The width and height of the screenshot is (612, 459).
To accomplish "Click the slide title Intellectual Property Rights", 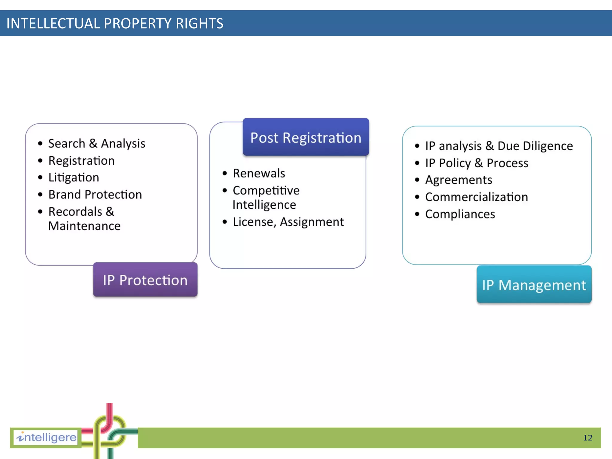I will point(115,24).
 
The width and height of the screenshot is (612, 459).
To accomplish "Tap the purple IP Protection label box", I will point(145,280).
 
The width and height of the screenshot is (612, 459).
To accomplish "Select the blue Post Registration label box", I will point(306,137).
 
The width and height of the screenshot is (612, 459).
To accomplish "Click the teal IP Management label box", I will point(534,285).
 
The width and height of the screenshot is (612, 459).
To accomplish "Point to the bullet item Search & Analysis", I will point(97,143).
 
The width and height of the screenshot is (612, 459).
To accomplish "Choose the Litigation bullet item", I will point(74,178).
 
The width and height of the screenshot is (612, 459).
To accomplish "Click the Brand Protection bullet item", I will point(95,195).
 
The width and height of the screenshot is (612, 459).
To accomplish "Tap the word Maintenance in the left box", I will point(84,226).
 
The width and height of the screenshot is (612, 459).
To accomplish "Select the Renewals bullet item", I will point(259,173).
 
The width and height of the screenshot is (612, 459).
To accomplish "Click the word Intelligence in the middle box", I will point(264,205).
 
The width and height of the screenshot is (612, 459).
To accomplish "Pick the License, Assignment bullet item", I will point(288,222).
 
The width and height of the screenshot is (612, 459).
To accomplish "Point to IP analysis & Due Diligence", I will point(499,146).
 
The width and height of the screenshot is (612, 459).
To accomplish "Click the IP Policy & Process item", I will point(477,163).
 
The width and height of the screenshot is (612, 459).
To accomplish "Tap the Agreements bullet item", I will point(458,180).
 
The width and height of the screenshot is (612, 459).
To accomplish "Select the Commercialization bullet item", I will point(476,197).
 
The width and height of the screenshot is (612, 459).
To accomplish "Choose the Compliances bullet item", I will point(460,214).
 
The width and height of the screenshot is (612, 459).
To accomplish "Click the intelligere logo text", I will point(46,437).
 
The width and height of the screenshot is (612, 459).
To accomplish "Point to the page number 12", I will point(587,438).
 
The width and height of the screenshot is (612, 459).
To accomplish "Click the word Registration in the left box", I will point(81,161).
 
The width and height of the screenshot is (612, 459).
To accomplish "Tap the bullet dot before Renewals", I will point(225,173).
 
